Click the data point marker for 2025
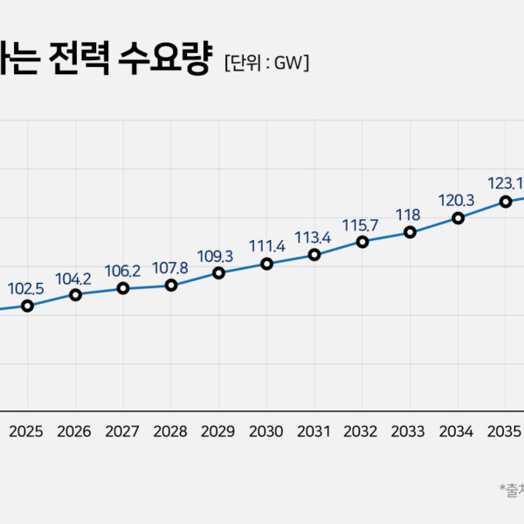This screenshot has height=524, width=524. point(27,306)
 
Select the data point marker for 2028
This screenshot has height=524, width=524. point(171,285)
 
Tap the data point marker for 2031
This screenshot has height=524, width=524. point(314,255)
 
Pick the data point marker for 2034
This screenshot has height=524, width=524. point(458,217)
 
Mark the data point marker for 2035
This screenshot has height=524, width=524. point(506,201)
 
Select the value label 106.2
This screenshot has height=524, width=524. point(122,270)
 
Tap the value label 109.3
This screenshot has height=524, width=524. point(217,256)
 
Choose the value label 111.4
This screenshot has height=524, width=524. point(265,245)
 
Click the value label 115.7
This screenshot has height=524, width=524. point(361,224)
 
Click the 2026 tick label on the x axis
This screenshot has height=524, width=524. point(74,431)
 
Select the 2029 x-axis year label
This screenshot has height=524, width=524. point(217,431)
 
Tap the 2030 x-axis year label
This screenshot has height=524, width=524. point(265,431)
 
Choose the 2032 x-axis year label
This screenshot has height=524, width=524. point(361,431)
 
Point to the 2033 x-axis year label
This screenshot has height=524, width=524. point(409,431)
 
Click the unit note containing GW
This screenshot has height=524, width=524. point(266,63)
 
